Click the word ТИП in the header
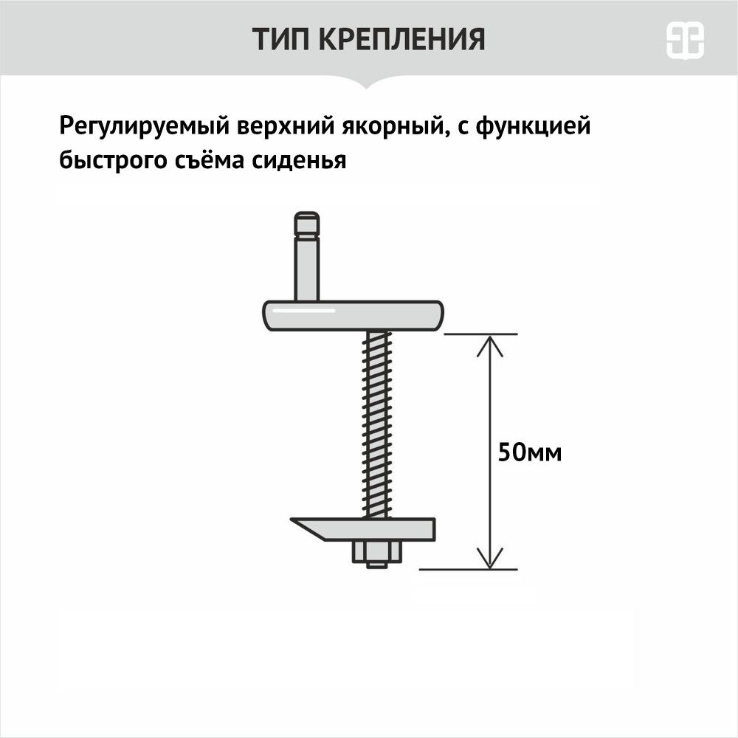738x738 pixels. (x=280, y=39)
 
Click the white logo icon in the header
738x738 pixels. (x=685, y=41)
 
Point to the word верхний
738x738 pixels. (x=286, y=126)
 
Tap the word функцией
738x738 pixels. (x=533, y=126)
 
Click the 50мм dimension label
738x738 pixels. (x=530, y=453)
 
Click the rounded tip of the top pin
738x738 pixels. (x=307, y=224)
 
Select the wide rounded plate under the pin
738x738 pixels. (x=353, y=316)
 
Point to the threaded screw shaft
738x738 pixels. (x=376, y=424)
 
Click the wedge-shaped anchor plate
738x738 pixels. (x=363, y=529)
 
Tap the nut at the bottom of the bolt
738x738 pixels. (x=377, y=552)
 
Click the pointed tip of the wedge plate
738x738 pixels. (x=291, y=520)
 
